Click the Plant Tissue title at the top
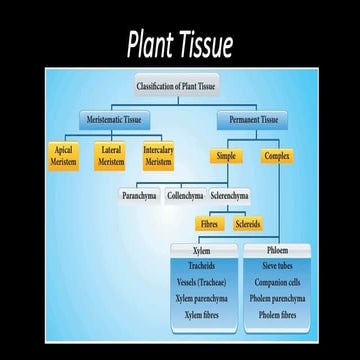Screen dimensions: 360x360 coord(179,45)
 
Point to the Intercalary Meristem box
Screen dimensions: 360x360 coord(157,156)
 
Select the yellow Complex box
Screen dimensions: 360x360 coord(277,157)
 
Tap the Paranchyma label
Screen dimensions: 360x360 coord(139,197)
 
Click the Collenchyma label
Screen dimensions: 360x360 coord(186,197)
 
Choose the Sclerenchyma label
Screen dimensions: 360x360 coord(230,197)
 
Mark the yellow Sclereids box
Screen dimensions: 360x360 coord(248,224)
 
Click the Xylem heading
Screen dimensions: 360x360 coord(200,251)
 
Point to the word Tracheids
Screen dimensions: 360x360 coord(200,267)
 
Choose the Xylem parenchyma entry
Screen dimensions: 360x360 coord(200,299)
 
